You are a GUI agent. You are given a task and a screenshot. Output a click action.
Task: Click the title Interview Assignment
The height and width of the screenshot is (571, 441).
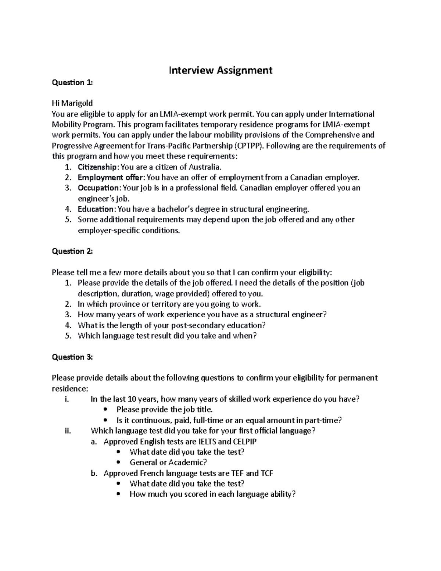click(x=220, y=70)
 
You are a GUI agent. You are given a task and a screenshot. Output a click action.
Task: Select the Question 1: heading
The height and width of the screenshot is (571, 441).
click(x=72, y=83)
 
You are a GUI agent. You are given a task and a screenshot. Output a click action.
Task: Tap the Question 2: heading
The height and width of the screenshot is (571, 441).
click(x=72, y=251)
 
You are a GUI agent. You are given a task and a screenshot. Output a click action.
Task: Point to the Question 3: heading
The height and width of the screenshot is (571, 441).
click(x=72, y=357)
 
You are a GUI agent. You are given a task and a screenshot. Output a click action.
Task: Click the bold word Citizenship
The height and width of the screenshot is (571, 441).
click(x=97, y=167)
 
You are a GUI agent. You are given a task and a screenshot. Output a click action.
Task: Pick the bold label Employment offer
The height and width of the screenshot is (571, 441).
click(x=110, y=178)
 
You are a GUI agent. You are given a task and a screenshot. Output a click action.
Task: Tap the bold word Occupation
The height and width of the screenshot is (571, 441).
click(x=98, y=188)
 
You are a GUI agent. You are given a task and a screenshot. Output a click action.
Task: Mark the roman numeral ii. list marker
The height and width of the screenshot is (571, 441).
click(x=67, y=431)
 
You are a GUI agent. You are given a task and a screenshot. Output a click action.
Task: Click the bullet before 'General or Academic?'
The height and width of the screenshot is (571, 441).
click(x=118, y=463)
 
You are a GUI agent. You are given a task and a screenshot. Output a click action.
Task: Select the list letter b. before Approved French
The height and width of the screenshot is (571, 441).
click(x=94, y=473)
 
